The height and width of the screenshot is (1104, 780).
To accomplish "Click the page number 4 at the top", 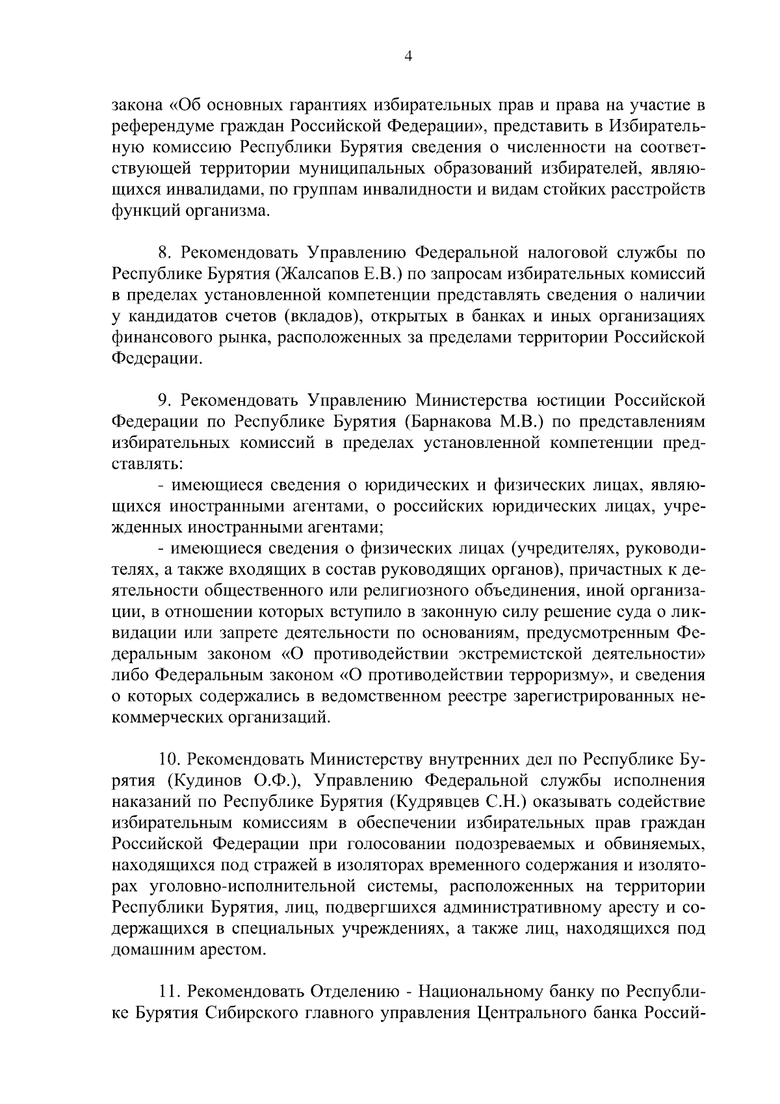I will tap(408, 57).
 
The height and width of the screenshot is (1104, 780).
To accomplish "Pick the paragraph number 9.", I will tap(164, 399).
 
